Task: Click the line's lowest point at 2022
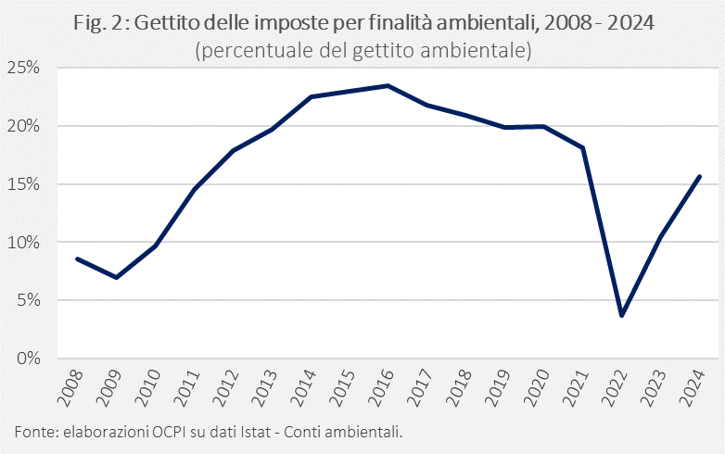click(622, 316)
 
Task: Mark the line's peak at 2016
click(388, 86)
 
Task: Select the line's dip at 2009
click(116, 277)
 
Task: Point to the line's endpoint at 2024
click(700, 176)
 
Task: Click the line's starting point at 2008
click(76, 259)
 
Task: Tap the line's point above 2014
click(310, 96)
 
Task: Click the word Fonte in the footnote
click(34, 432)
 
